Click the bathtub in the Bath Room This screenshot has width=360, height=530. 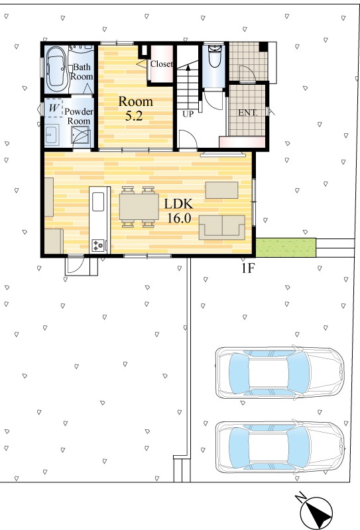(x=56, y=69)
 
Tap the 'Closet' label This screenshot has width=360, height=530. (x=161, y=64)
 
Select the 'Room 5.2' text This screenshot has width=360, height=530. (x=135, y=108)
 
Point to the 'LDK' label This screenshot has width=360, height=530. (x=178, y=204)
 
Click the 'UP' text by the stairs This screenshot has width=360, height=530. (x=188, y=114)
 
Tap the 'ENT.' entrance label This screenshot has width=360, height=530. (x=248, y=113)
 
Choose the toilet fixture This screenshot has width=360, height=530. (x=214, y=56)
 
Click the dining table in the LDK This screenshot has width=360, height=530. (x=139, y=207)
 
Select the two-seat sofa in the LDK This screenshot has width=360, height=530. (x=222, y=227)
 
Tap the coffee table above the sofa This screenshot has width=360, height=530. (x=222, y=190)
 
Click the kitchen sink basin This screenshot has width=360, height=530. (x=98, y=201)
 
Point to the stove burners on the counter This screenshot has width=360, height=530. (x=99, y=245)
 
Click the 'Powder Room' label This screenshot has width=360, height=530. (x=79, y=116)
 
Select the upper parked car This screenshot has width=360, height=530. (x=280, y=372)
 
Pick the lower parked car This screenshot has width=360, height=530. (x=280, y=447)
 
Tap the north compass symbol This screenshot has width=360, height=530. (x=316, y=512)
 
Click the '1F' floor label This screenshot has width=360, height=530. (x=248, y=268)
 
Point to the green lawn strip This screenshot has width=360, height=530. (x=286, y=248)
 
